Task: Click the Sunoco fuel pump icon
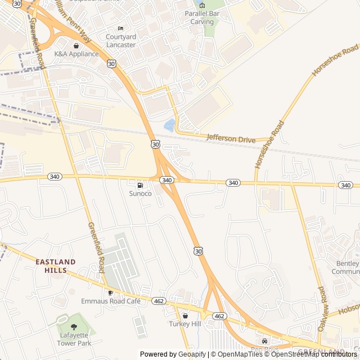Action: (x=139, y=185)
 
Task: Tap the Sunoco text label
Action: (x=141, y=193)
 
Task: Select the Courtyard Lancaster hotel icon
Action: (x=120, y=29)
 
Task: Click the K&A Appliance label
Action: (x=76, y=54)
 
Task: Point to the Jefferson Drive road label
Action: (x=231, y=138)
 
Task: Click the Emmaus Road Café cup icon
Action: (x=110, y=292)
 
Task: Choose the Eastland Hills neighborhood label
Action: (x=55, y=266)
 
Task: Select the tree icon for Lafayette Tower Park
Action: (x=73, y=326)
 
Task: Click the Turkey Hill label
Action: (x=184, y=324)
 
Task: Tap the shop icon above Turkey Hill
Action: (x=185, y=316)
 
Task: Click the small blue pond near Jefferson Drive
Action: (x=169, y=125)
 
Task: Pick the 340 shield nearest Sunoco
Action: (x=166, y=180)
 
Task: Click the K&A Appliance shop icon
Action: (x=76, y=46)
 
